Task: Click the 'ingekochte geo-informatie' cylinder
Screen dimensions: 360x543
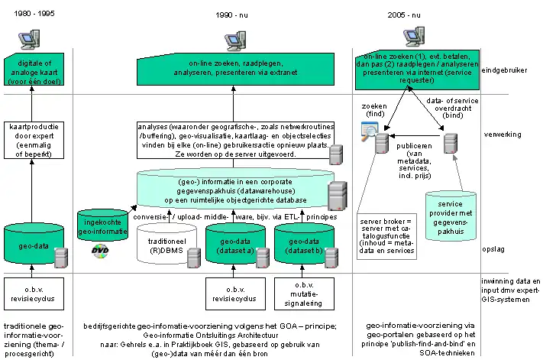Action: pyautogui.click(x=105, y=226)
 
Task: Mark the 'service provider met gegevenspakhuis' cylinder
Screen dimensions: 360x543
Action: pyautogui.click(x=451, y=214)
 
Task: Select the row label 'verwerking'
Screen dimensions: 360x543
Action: pyautogui.click(x=503, y=134)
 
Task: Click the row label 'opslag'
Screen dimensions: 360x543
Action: pyautogui.click(x=496, y=249)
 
